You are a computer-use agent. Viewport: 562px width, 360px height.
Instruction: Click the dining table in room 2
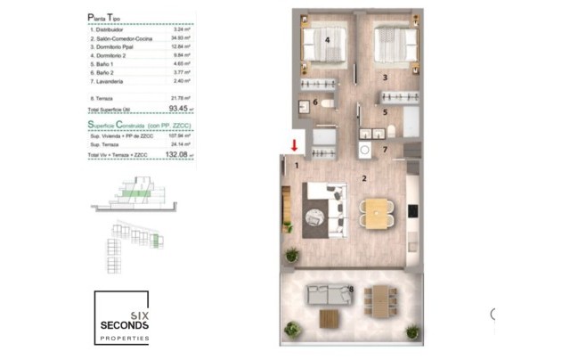click(x=378, y=212)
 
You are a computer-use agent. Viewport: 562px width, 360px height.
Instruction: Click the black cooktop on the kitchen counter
click(x=411, y=211)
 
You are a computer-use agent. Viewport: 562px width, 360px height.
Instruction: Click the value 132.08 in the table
click(x=180, y=154)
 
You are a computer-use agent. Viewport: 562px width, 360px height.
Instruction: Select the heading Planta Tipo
click(x=107, y=17)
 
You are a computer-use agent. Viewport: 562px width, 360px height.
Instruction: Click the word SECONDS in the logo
click(x=125, y=327)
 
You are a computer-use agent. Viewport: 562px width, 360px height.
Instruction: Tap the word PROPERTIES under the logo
click(x=125, y=340)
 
